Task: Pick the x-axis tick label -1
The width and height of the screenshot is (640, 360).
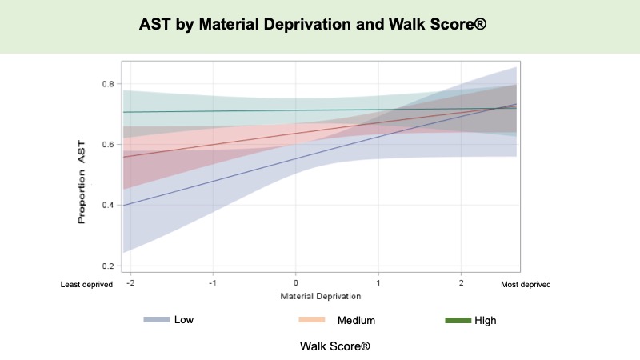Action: tap(212, 284)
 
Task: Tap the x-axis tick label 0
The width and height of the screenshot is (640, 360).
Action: tap(296, 284)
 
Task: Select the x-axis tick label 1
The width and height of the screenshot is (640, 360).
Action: tap(378, 284)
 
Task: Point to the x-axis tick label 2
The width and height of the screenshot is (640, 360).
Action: tap(462, 284)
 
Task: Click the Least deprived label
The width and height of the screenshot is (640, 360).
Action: tap(86, 284)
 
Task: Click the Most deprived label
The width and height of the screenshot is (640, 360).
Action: tap(526, 284)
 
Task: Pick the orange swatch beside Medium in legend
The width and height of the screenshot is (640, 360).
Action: tap(312, 320)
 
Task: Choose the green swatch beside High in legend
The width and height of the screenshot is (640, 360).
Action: tap(457, 320)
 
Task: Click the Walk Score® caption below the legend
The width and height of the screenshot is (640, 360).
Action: tap(335, 346)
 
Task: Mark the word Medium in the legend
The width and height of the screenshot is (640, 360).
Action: tap(356, 320)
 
